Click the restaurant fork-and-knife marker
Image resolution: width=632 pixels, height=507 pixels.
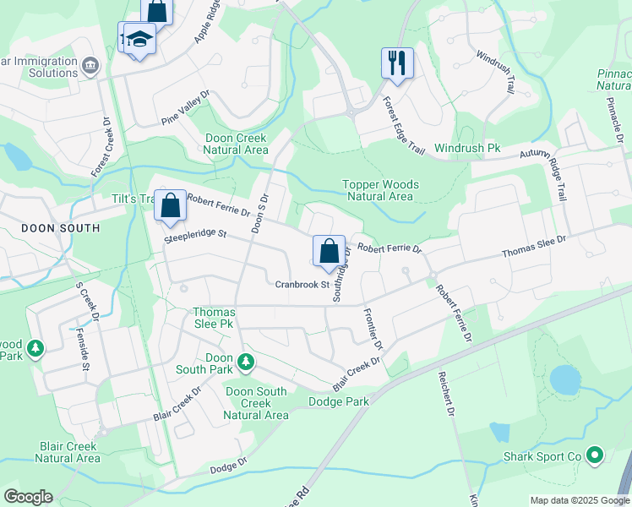click(x=397, y=63)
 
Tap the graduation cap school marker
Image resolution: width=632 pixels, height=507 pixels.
click(x=139, y=39)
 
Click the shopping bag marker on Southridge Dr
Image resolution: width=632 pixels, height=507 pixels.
click(x=329, y=251)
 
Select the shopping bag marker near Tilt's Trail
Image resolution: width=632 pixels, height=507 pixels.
click(x=171, y=205)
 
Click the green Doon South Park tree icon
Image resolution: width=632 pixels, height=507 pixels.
click(x=246, y=363)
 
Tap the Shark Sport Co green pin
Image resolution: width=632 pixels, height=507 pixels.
click(x=595, y=456)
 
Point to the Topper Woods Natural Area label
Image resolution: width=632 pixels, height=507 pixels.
click(x=380, y=190)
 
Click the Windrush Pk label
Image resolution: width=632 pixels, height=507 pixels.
click(x=467, y=148)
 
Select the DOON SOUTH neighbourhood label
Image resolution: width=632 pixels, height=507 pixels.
click(x=60, y=228)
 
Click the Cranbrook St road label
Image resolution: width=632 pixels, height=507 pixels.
click(x=302, y=285)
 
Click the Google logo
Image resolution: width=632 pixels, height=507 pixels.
click(x=28, y=497)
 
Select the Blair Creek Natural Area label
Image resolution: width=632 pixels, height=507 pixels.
click(x=69, y=452)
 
